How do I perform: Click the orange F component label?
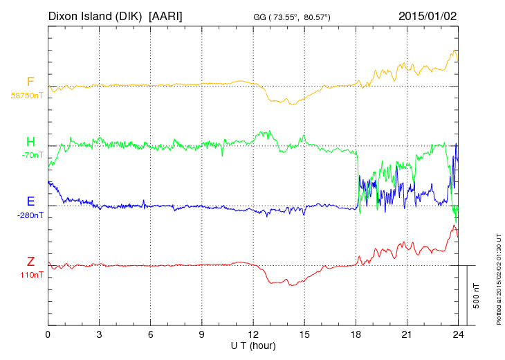(x=30, y=82)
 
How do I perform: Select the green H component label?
(x=30, y=142)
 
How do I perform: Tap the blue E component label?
(x=30, y=201)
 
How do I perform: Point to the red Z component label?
(x=30, y=262)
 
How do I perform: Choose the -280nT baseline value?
(x=30, y=215)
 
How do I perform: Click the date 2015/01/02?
(x=428, y=15)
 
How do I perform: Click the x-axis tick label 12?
(x=252, y=334)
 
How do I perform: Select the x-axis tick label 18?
(x=355, y=334)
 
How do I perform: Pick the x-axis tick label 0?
(x=48, y=334)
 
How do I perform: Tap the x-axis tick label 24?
(x=457, y=334)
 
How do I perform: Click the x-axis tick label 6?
(x=150, y=334)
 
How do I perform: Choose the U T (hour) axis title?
(x=252, y=345)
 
